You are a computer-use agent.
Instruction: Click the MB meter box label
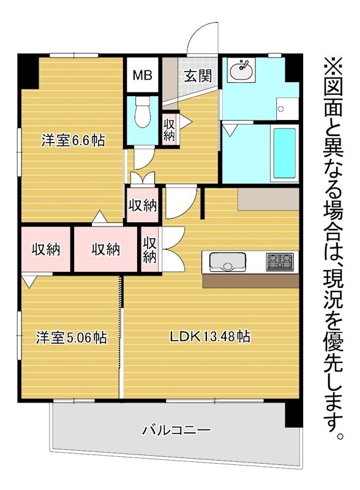(x=142, y=75)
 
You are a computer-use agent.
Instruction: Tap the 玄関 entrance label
(x=198, y=75)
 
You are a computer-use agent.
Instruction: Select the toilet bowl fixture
(x=143, y=112)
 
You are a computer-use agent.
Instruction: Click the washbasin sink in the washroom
(x=241, y=70)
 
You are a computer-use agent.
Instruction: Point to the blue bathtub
(x=285, y=153)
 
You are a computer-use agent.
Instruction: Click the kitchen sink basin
(x=228, y=262)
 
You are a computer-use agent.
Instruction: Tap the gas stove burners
(x=280, y=262)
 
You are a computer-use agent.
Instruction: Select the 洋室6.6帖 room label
(x=73, y=140)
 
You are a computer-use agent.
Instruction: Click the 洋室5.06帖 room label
(x=72, y=337)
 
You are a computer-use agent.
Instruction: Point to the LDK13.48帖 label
(x=210, y=336)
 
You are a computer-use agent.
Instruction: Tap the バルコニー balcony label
(x=176, y=431)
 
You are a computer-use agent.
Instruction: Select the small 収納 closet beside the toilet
(x=169, y=129)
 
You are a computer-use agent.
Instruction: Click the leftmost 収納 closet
(x=46, y=249)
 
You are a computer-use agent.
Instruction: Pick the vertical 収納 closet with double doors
(x=149, y=249)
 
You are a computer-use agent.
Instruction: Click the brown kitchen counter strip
(x=250, y=281)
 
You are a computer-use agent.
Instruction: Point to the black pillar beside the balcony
(x=294, y=415)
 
